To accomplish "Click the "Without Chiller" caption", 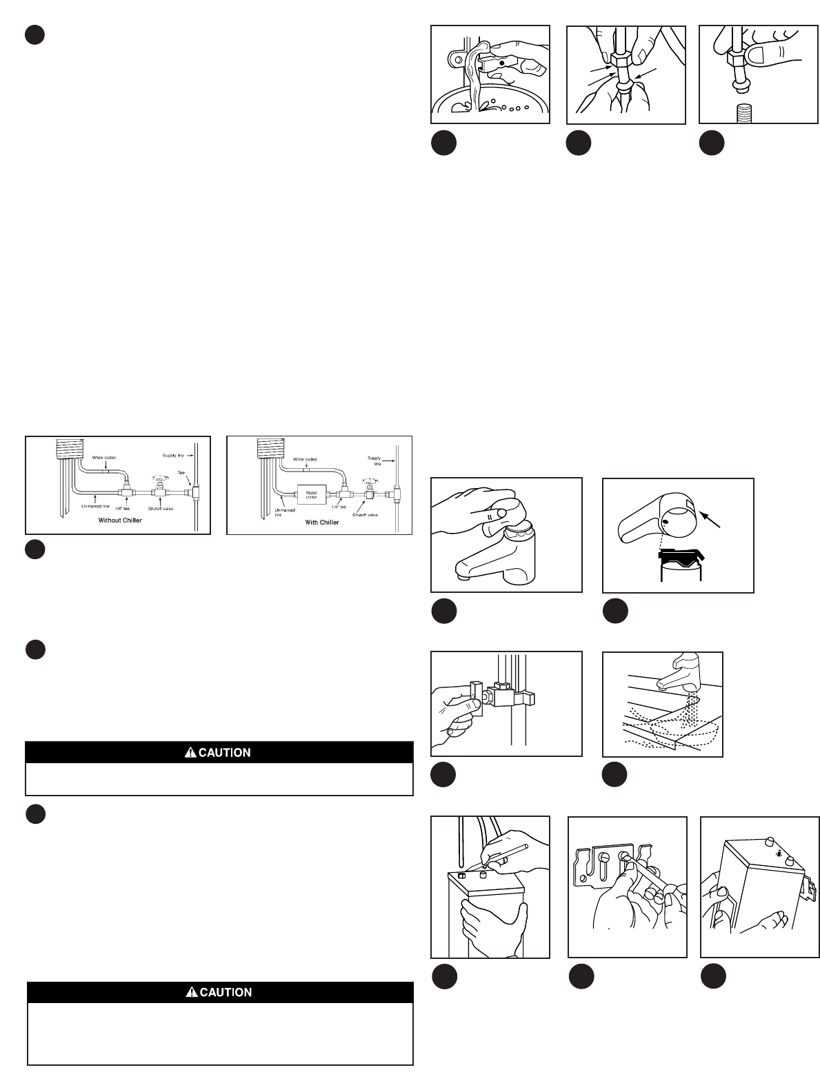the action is [x=120, y=520].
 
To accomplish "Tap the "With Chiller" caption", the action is [x=322, y=523].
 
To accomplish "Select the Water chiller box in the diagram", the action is [x=312, y=494].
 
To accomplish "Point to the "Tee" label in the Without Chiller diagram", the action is [x=182, y=473].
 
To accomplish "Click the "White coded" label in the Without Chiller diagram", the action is [x=104, y=457].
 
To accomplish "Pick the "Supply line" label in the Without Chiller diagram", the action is [x=174, y=456].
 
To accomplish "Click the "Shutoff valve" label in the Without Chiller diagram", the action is [x=159, y=509].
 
